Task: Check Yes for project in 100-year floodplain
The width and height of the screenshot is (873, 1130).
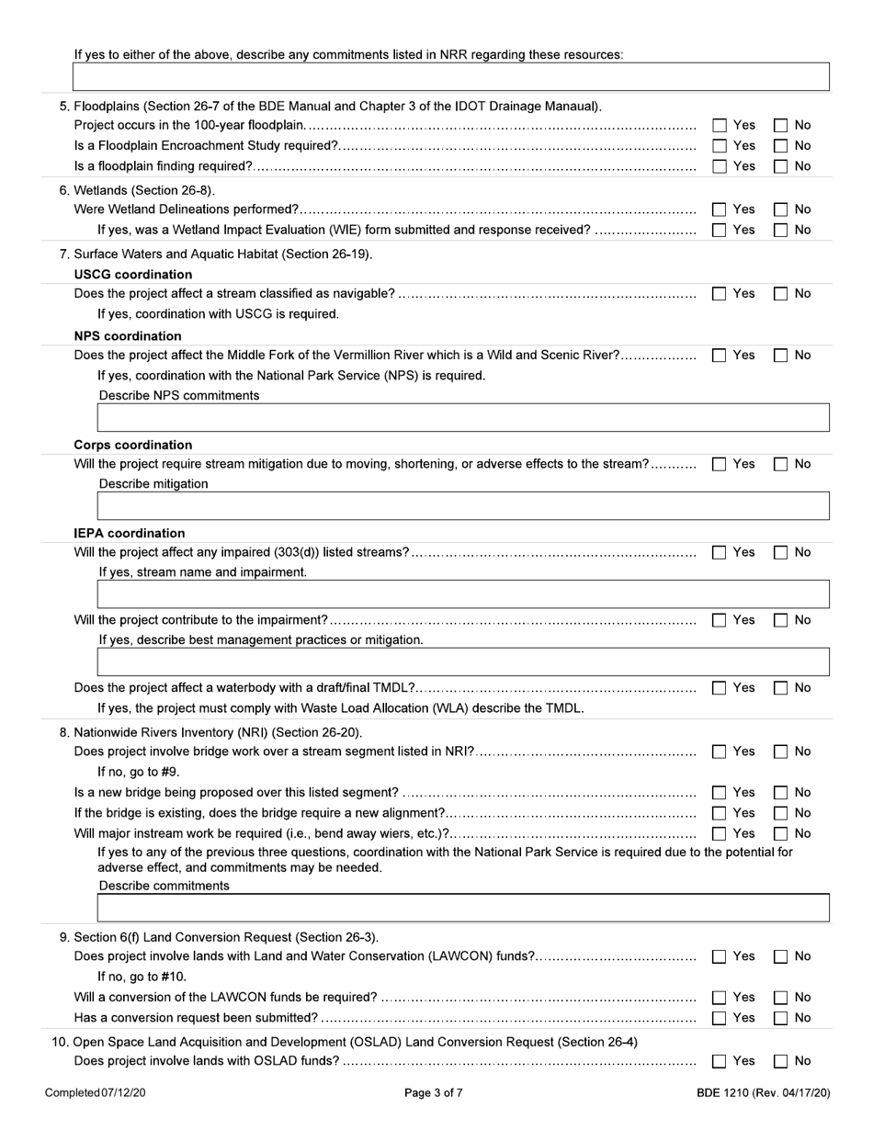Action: [x=720, y=125]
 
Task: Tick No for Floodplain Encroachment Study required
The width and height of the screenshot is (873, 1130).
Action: [x=781, y=146]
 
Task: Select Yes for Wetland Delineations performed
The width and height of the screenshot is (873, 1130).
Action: [x=720, y=209]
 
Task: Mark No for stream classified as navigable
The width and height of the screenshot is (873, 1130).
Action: [x=781, y=294]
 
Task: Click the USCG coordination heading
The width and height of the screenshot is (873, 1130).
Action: [x=132, y=275]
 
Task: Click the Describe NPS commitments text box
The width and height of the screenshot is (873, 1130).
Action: [x=463, y=418]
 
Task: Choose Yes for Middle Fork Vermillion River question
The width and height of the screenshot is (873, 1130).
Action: [x=720, y=356]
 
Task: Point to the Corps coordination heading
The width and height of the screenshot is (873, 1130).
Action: [x=132, y=446]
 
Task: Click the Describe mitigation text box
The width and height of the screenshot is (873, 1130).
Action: [x=463, y=506]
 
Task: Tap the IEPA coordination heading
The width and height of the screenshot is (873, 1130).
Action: [x=129, y=534]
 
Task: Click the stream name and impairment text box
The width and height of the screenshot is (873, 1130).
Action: [x=463, y=594]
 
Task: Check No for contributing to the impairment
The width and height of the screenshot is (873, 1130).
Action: [x=781, y=620]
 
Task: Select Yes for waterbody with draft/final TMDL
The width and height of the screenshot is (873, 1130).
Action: [x=720, y=688]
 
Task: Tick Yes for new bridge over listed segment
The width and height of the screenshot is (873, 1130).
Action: [x=720, y=793]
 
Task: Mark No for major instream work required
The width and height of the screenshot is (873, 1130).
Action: [x=781, y=834]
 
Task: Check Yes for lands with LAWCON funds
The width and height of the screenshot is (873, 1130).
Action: [x=720, y=956]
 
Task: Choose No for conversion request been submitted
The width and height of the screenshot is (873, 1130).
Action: [x=781, y=1018]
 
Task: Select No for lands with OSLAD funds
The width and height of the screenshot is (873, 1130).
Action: [x=781, y=1061]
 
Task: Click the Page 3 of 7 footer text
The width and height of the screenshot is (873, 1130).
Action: [x=434, y=1093]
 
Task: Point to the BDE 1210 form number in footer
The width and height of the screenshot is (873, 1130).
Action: [x=763, y=1093]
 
